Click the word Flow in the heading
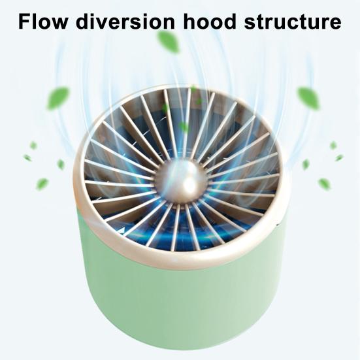[x=43, y=22]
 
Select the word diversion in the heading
[x=125, y=22]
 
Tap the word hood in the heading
[x=210, y=22]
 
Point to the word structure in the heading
[x=293, y=22]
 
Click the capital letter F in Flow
[x=24, y=22]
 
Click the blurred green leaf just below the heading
[x=168, y=42]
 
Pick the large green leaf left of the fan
[x=58, y=98]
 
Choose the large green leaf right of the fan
[x=308, y=98]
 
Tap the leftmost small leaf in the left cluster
[x=27, y=157]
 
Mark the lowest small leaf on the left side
[x=42, y=184]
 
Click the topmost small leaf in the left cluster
[x=33, y=146]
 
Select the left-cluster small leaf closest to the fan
[x=61, y=164]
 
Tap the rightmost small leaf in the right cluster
[x=339, y=157]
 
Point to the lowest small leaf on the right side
[x=324, y=184]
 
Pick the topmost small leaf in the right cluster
[x=333, y=146]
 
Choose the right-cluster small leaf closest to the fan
[x=306, y=164]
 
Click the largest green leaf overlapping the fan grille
[x=184, y=127]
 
